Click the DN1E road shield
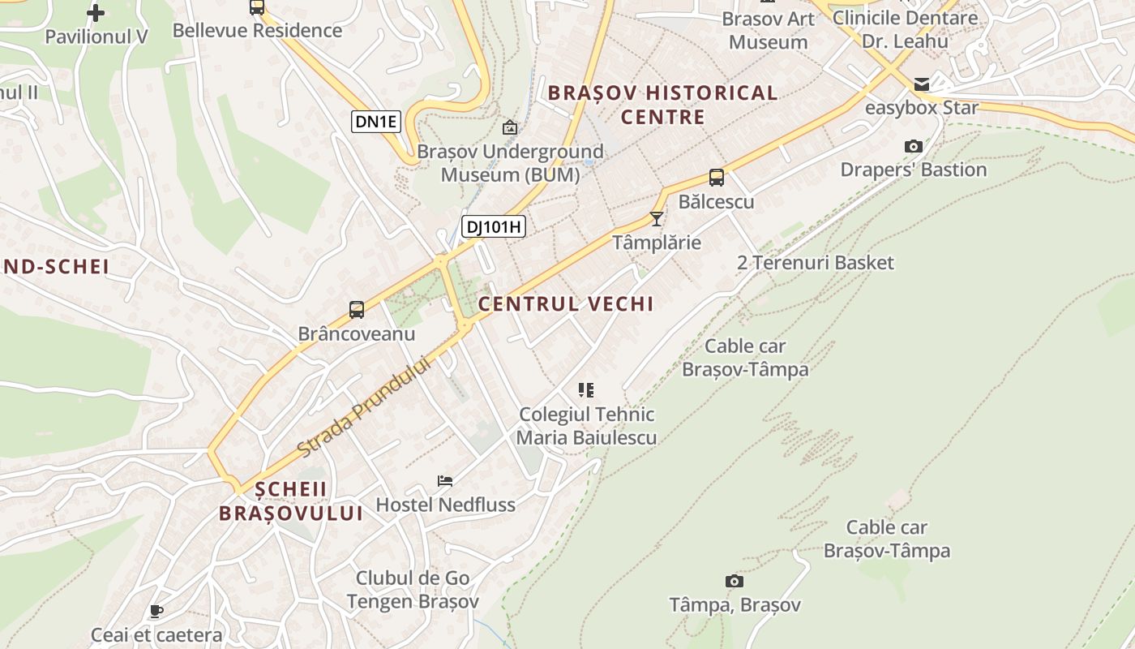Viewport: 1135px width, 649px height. tap(377, 122)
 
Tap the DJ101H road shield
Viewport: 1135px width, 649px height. tap(494, 227)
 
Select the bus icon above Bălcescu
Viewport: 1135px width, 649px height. tap(716, 178)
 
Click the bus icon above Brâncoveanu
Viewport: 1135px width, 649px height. tap(357, 309)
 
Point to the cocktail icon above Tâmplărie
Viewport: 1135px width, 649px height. tap(657, 219)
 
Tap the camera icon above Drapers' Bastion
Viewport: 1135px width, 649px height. tap(914, 147)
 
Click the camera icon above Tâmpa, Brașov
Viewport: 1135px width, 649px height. tap(735, 581)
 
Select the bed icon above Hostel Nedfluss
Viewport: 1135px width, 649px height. tap(445, 480)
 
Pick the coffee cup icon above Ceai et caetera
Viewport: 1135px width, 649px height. tap(156, 611)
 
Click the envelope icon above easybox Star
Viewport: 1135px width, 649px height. tap(922, 84)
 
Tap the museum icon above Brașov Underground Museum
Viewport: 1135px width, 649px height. tap(510, 127)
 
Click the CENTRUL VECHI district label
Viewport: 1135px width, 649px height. tap(566, 304)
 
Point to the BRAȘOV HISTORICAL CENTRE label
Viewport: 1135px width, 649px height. tap(662, 105)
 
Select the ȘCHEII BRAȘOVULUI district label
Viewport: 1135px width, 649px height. tap(291, 501)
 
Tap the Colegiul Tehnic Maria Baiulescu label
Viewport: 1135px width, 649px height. tap(586, 426)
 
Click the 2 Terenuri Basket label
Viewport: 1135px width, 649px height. tap(816, 263)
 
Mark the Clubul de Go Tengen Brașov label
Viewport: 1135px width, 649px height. tap(413, 590)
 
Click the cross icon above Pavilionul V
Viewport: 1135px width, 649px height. tap(96, 13)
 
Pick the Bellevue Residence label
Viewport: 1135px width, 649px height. tap(257, 31)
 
